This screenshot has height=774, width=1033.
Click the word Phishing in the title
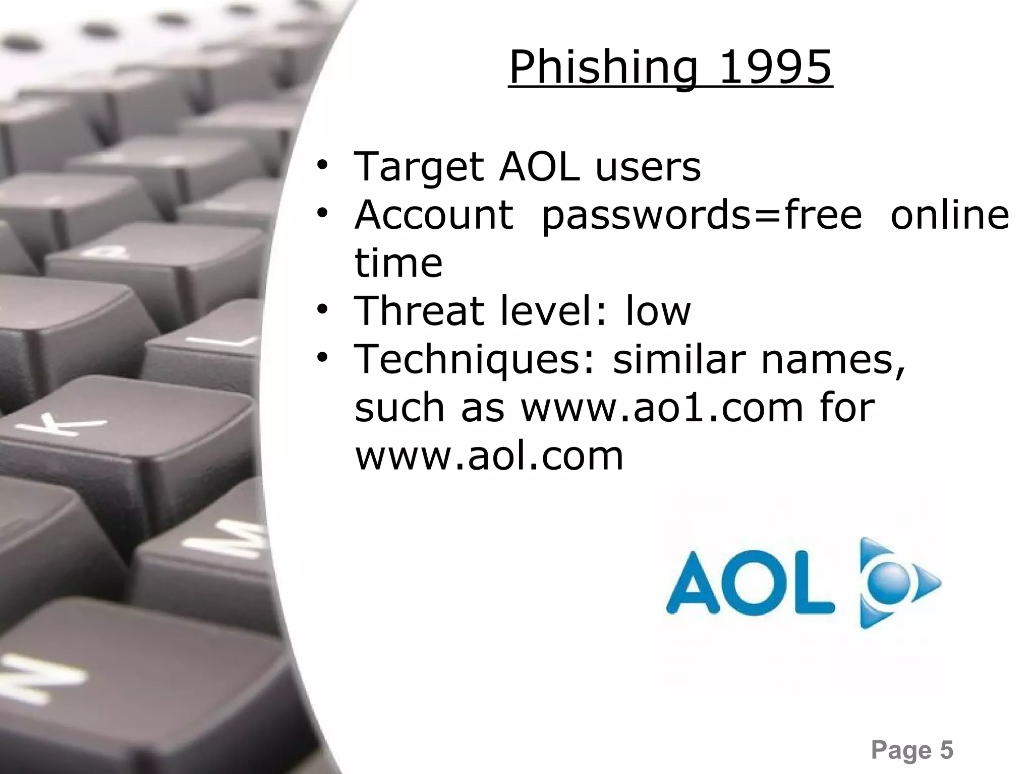(603, 68)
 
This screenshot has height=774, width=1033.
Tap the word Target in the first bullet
(418, 167)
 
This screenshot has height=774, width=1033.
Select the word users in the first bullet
(648, 167)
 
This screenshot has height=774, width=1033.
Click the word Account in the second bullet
(434, 215)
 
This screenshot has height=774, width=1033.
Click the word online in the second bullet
(950, 215)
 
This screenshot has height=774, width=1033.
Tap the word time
(398, 263)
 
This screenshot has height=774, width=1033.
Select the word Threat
(418, 311)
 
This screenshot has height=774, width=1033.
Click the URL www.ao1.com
(661, 408)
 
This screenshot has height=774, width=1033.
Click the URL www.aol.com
(489, 456)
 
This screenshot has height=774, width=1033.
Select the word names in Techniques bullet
(832, 360)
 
